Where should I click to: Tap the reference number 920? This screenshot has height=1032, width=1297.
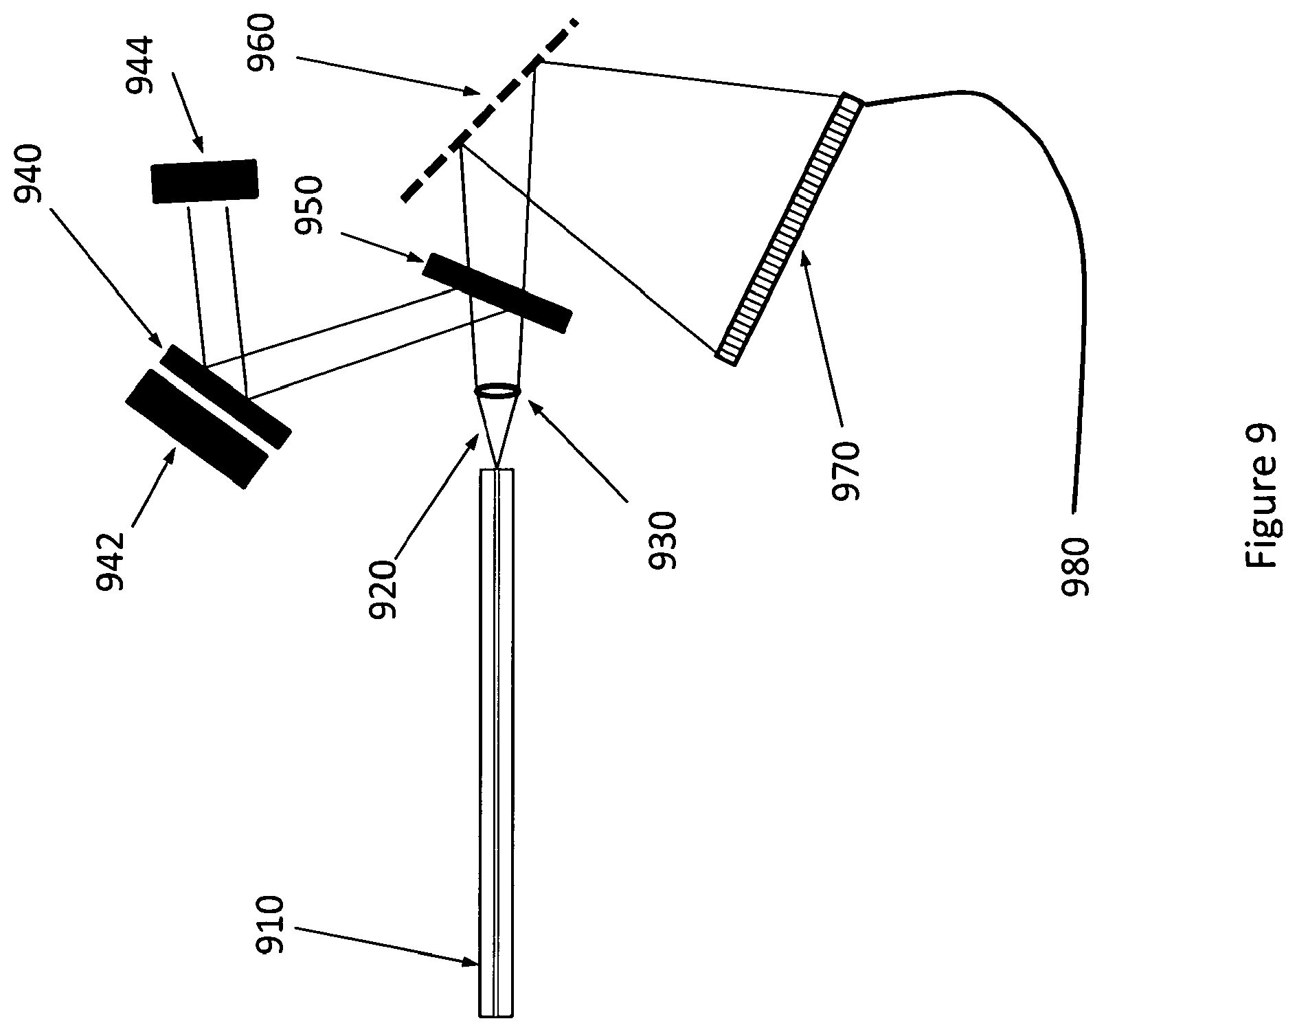coord(383,590)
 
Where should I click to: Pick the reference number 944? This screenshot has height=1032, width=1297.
coord(141,66)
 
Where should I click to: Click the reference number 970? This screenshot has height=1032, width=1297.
coord(845,471)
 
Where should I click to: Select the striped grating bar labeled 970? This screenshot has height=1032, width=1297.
coord(789,229)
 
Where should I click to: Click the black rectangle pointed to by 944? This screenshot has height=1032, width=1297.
coord(204,181)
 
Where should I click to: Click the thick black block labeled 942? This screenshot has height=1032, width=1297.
coord(196,429)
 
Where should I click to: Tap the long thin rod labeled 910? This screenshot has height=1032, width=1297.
coord(496,743)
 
